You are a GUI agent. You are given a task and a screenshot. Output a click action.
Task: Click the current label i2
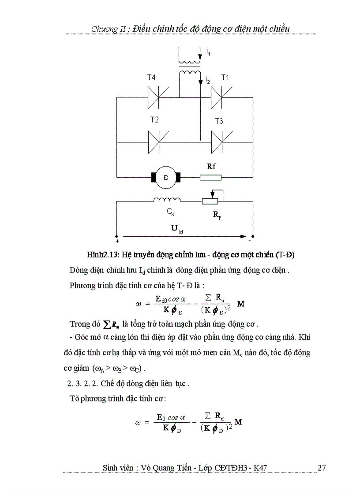coord(207,80)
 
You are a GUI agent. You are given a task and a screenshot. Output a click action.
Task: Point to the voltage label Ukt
coord(176,229)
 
